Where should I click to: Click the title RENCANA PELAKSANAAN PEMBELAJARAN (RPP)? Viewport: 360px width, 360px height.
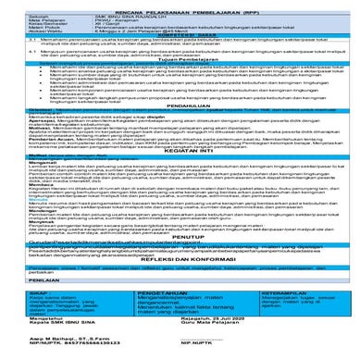180,7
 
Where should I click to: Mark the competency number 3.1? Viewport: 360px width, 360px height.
10,43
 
